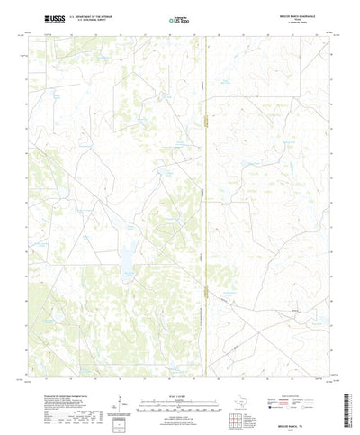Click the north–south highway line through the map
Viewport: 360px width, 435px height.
[205, 198]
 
